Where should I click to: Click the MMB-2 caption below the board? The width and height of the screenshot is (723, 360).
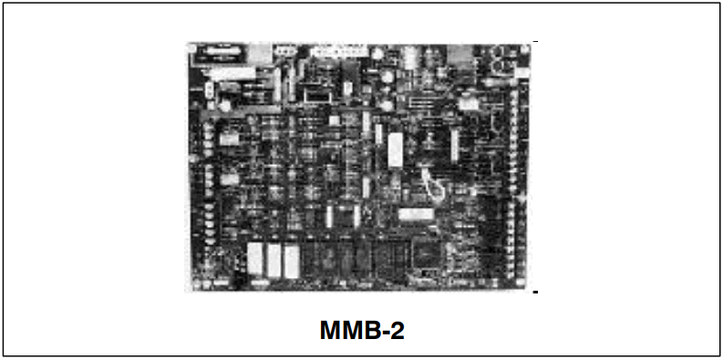point(361,330)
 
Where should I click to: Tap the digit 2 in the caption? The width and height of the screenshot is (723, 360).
point(395,330)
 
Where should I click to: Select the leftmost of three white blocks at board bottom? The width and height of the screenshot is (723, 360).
point(254,259)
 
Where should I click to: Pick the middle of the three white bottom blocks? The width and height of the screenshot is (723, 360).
point(272,259)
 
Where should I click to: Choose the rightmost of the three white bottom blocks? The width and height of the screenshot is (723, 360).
point(290,259)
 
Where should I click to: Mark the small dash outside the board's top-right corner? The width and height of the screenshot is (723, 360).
point(535,42)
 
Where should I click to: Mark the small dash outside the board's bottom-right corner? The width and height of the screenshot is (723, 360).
point(535,293)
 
